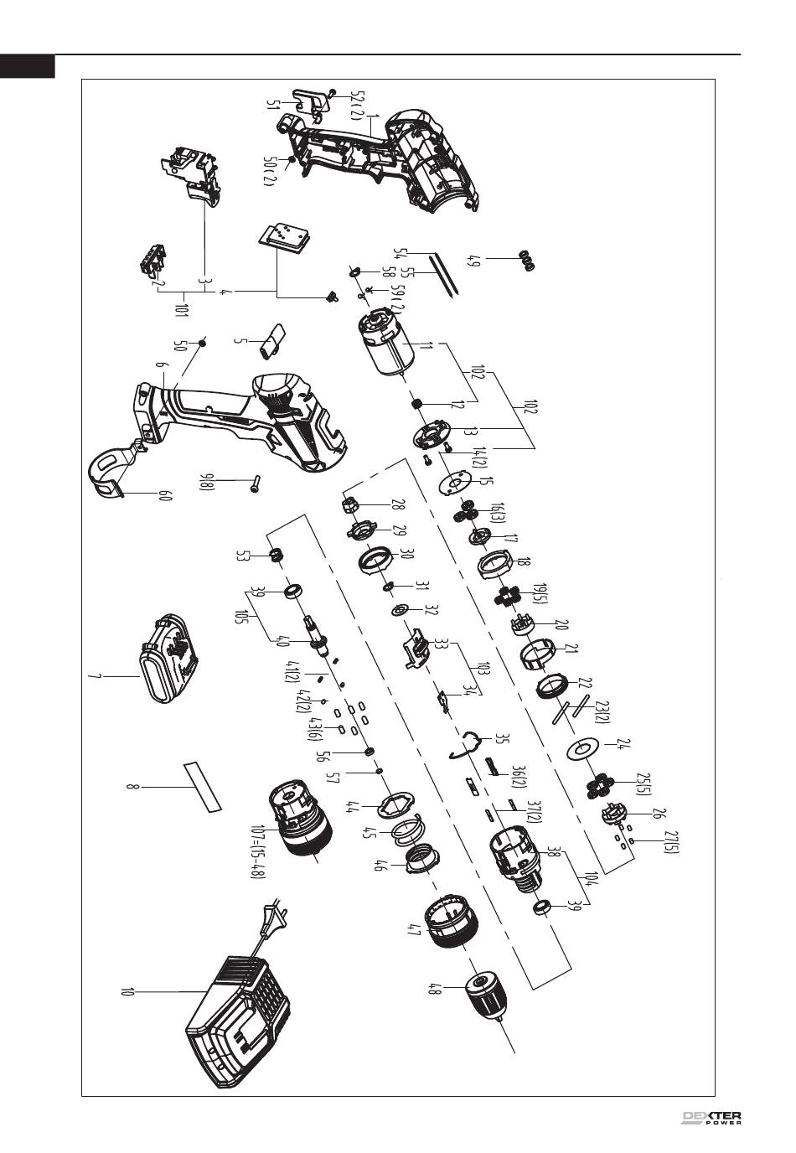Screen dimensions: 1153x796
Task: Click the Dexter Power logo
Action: click(x=711, y=1119)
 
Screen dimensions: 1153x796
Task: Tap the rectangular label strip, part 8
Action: click(x=202, y=786)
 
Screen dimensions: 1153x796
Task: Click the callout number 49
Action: click(x=475, y=261)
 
